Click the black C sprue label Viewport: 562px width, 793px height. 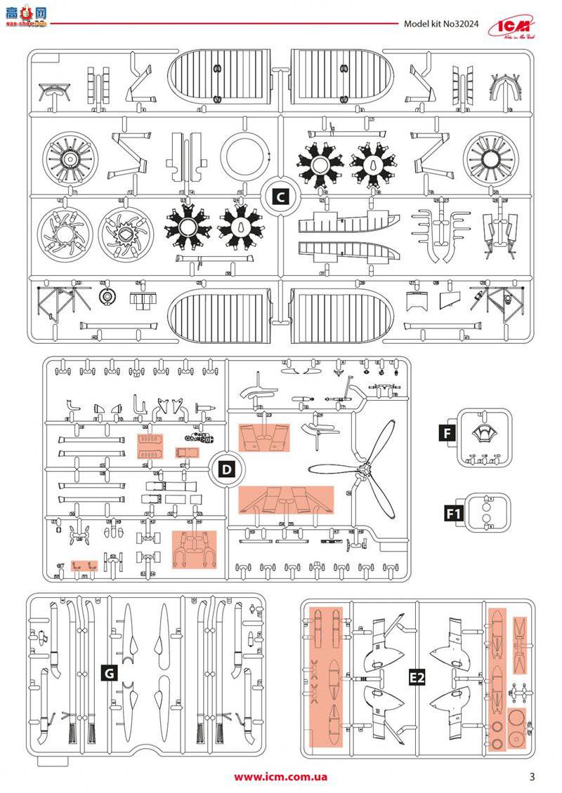point(280,196)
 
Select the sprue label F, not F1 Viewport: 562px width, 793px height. point(447,432)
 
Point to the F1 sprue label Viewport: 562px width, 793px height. point(454,514)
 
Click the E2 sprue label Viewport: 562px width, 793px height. point(418,678)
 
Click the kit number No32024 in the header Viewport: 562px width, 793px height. point(440,23)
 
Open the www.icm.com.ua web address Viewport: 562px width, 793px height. point(280,776)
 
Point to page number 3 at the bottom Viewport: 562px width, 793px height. point(532,776)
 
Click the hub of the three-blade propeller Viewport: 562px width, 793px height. point(363,469)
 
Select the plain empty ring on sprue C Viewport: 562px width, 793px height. point(244,156)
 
